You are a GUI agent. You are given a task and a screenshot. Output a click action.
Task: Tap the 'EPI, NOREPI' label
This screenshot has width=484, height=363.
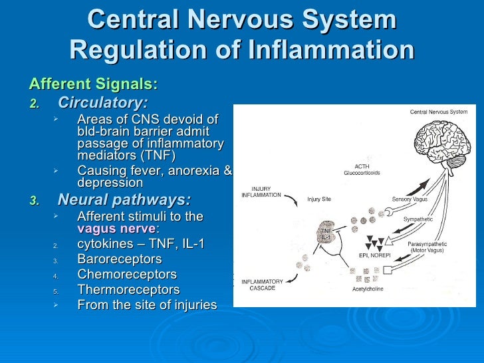coord(374,255)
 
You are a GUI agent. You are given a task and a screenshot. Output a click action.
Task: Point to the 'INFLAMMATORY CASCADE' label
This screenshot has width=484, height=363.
coord(261,285)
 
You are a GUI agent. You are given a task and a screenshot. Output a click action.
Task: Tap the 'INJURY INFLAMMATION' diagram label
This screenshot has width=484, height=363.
coord(261,192)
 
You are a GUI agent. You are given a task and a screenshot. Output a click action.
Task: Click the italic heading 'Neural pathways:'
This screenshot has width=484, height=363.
coord(124,200)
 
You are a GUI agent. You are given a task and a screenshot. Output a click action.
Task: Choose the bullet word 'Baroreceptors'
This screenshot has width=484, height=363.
coord(119,259)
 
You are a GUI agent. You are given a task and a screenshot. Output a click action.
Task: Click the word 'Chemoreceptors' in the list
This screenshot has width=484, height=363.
coord(127,275)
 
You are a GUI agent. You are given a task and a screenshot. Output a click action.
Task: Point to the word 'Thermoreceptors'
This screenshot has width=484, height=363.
coord(128,290)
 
